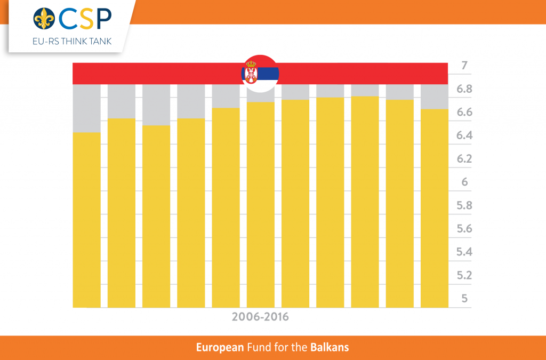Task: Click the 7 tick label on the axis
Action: point(464,66)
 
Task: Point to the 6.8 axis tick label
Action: point(464,89)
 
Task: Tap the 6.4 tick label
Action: point(464,135)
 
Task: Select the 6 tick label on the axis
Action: point(464,182)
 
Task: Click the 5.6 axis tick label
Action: point(464,228)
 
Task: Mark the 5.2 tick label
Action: point(464,275)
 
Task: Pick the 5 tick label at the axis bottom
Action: point(464,298)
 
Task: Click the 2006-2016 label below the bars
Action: point(260,317)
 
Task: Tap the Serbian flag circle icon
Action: point(260,74)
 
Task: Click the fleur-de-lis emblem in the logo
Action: point(44,19)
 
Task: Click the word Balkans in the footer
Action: point(330,348)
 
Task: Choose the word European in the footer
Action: point(220,348)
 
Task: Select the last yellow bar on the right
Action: point(435,208)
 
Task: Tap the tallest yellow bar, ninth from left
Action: point(365,202)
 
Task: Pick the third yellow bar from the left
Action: point(156,216)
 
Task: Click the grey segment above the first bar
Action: point(86,108)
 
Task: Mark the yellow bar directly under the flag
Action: point(260,204)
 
